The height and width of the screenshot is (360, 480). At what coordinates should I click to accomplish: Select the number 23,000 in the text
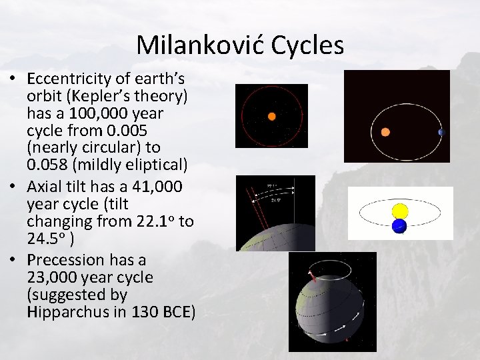point(56,277)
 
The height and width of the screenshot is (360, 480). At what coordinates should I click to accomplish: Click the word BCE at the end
point(177,312)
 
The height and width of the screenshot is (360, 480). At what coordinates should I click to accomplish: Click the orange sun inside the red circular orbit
point(271,116)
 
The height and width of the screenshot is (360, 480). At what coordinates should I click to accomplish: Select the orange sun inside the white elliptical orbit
point(385,132)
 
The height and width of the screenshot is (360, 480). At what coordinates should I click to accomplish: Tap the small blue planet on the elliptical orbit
point(440,133)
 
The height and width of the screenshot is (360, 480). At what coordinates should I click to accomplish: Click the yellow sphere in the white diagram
point(400,211)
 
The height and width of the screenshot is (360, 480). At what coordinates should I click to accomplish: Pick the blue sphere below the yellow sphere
point(399,227)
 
